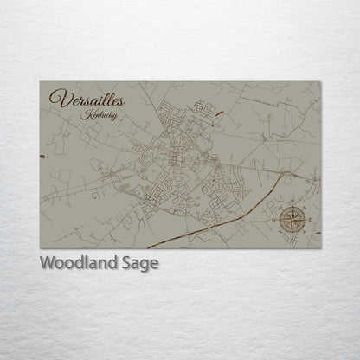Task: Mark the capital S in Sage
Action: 130,263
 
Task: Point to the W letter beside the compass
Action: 278,217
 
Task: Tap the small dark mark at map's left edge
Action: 42,155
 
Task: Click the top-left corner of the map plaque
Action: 40,82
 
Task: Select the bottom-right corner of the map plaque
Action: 320,248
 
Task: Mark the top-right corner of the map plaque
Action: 320,82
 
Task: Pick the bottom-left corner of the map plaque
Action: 40,248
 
